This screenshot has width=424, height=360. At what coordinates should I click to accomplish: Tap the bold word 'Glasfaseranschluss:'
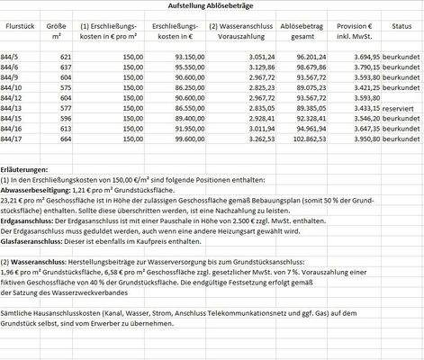(x=38, y=241)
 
